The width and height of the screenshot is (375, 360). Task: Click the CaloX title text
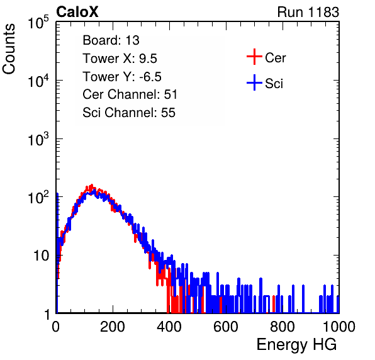(x=77, y=12)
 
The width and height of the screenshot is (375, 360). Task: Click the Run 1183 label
(x=308, y=12)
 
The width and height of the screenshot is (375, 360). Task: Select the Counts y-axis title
(x=9, y=49)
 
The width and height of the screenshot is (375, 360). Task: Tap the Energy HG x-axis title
(x=296, y=345)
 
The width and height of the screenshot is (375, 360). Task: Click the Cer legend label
(x=275, y=58)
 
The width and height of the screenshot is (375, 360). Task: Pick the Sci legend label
(x=274, y=84)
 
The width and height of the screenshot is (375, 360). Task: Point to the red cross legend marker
(x=254, y=57)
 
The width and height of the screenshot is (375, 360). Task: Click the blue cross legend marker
(x=254, y=83)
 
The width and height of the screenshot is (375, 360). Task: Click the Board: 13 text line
(x=111, y=40)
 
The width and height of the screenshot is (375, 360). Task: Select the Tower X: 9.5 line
(x=120, y=59)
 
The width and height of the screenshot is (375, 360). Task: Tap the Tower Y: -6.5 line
(x=122, y=77)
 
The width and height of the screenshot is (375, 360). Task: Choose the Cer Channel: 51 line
(x=130, y=94)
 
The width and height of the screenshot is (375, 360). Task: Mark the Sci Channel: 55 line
(x=129, y=113)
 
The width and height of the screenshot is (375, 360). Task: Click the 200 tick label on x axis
(x=113, y=327)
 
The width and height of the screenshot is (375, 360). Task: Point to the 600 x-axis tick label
(x=226, y=327)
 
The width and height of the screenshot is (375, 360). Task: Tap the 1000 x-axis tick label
(x=339, y=327)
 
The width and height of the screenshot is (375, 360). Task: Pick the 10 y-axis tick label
(x=41, y=256)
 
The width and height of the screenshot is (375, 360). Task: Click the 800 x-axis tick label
(x=283, y=327)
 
